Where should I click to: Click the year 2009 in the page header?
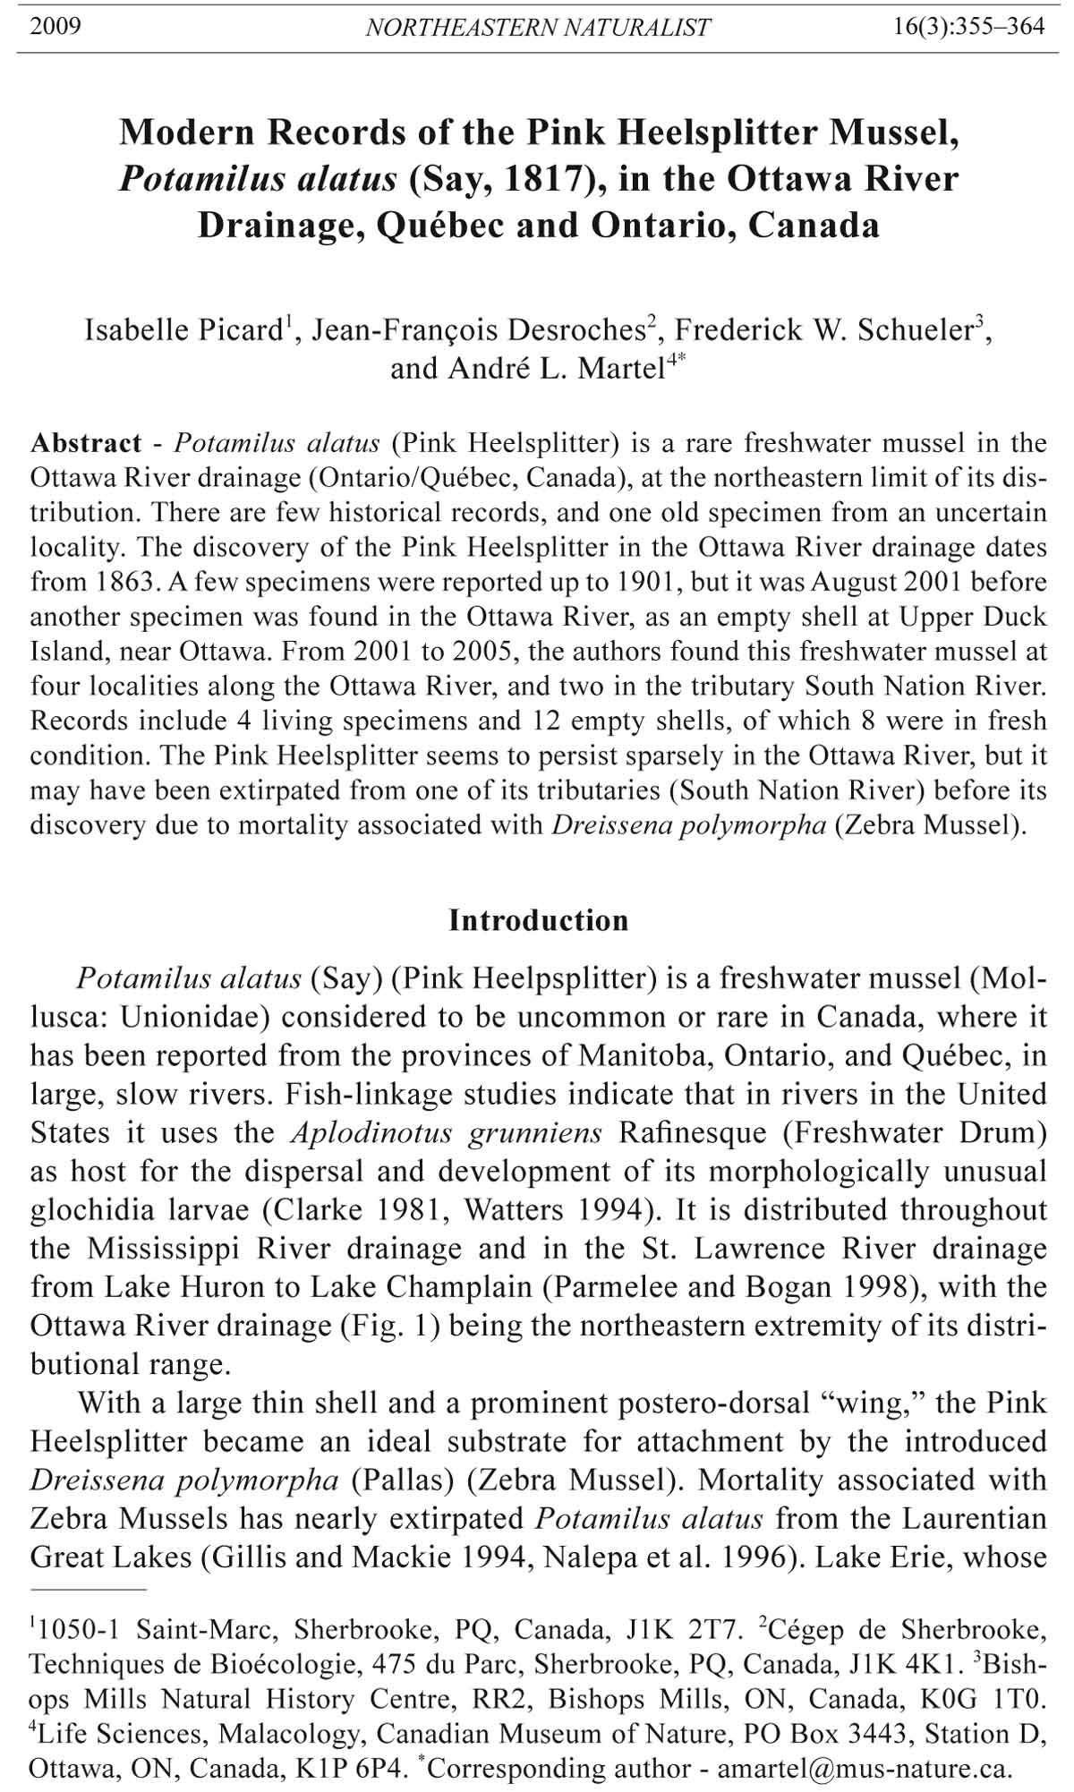[x=55, y=27]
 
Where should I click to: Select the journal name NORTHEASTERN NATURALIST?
[x=538, y=28]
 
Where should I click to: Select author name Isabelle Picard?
[x=185, y=330]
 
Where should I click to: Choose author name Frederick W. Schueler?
[x=823, y=330]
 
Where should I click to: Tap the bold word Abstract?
[x=86, y=443]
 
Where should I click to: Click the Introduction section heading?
[x=538, y=920]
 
